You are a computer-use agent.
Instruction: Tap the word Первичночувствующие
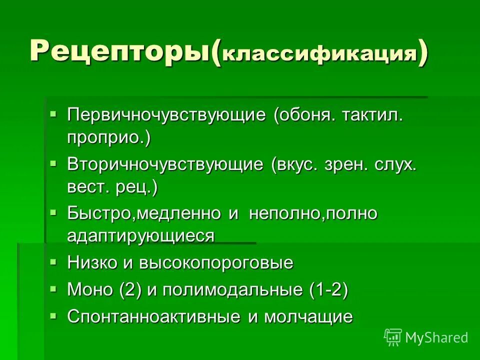[x=166, y=115]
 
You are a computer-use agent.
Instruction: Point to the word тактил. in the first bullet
[x=372, y=115]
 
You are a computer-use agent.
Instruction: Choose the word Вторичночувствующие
[x=165, y=165]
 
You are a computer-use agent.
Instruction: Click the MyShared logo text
[x=436, y=338]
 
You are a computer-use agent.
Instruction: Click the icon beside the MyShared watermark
[x=393, y=337]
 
